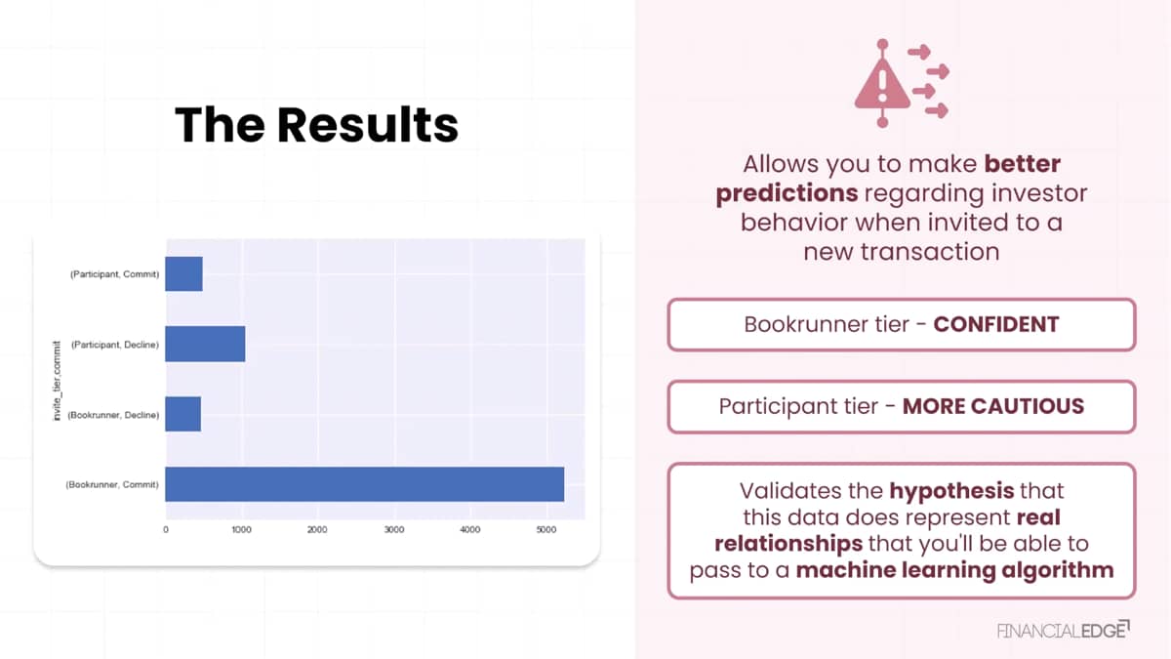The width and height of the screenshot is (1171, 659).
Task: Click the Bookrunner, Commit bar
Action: (x=365, y=484)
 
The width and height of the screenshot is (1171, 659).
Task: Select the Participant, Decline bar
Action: (x=206, y=344)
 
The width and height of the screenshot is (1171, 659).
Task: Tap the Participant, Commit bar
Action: (x=184, y=274)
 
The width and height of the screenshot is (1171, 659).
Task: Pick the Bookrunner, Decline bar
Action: (x=183, y=414)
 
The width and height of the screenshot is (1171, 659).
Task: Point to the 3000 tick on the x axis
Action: (x=394, y=530)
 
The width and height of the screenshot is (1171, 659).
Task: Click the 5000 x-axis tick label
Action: (x=546, y=530)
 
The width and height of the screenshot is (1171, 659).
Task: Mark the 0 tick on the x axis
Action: (x=166, y=530)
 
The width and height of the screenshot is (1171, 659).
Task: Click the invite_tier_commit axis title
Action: (x=57, y=381)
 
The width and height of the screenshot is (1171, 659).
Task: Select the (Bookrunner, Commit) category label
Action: (x=112, y=485)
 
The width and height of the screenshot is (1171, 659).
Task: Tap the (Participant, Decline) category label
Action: (x=115, y=345)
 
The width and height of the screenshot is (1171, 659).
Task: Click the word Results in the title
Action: (x=368, y=125)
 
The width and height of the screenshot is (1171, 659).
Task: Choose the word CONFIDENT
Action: (x=996, y=324)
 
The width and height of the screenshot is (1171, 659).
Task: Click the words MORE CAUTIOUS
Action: (x=993, y=406)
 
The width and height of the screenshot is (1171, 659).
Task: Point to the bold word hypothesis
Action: (x=951, y=491)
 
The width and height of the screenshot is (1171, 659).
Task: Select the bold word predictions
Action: (x=787, y=193)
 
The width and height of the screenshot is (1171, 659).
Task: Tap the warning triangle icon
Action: (x=882, y=84)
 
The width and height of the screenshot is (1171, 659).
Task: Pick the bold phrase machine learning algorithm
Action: (x=954, y=570)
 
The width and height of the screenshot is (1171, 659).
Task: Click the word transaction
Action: (x=930, y=252)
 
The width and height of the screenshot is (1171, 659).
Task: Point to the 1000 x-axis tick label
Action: (x=242, y=530)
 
